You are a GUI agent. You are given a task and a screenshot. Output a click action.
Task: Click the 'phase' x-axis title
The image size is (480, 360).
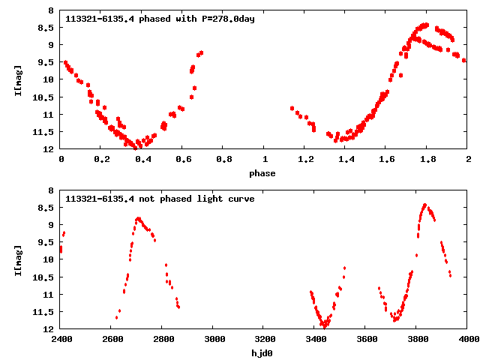click(x=263, y=173)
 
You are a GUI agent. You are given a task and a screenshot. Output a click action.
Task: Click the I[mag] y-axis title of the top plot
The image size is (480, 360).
click(x=17, y=80)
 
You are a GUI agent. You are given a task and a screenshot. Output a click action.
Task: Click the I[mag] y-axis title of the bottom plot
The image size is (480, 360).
click(x=17, y=259)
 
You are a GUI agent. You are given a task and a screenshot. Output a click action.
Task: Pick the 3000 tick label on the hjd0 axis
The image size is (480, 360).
click(x=214, y=339)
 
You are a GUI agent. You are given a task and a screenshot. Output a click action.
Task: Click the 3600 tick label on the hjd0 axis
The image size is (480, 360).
click(x=367, y=339)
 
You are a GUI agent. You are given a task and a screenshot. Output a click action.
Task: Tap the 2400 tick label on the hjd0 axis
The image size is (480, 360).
click(x=61, y=339)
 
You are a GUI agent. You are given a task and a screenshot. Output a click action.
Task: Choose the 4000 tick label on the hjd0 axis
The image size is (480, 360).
click(x=468, y=339)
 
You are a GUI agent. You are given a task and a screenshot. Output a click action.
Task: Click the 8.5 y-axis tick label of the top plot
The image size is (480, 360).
click(x=46, y=28)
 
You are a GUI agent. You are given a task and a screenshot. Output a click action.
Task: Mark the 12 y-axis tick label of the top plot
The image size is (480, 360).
click(x=49, y=149)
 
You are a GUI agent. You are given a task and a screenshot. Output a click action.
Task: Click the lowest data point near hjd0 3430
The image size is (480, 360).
click(x=324, y=327)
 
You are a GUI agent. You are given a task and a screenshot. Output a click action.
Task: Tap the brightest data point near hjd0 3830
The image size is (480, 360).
click(x=424, y=204)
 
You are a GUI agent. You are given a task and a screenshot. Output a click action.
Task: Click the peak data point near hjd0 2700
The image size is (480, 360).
click(x=138, y=218)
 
